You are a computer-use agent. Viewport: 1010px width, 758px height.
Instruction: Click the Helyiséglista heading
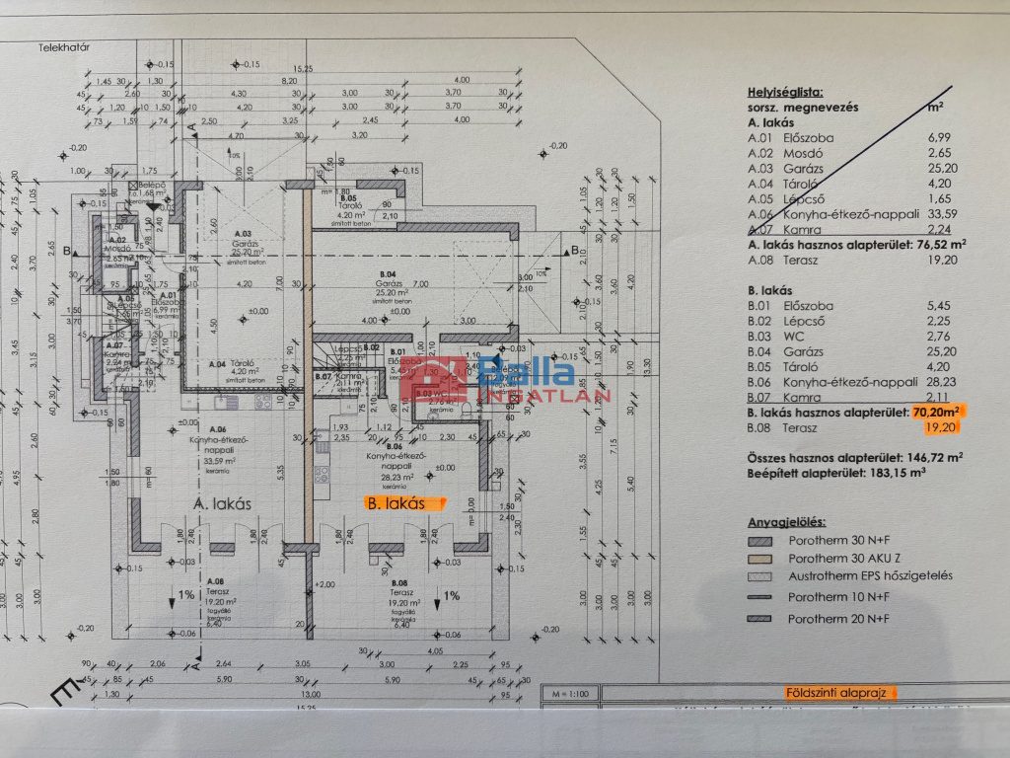[x=785, y=89]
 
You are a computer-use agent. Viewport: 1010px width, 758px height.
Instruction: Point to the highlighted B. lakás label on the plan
[x=396, y=502]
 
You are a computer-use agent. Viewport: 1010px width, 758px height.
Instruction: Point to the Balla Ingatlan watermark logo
[x=504, y=380]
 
